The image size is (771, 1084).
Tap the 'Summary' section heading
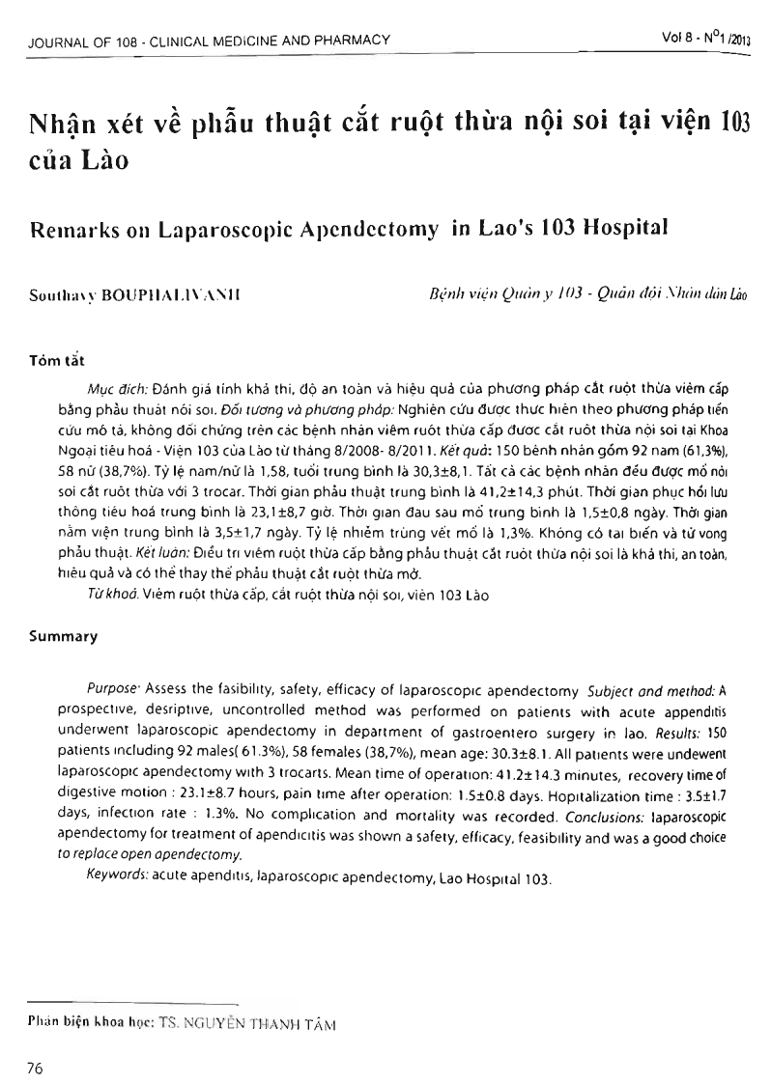click(x=63, y=637)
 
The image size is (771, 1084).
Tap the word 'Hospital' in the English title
click(x=629, y=229)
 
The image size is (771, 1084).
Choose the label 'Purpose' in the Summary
click(x=112, y=692)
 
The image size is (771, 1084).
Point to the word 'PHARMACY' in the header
click(x=354, y=41)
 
